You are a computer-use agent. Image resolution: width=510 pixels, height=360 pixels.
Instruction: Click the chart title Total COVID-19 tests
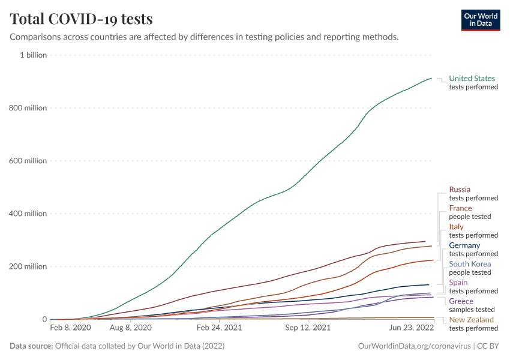81,19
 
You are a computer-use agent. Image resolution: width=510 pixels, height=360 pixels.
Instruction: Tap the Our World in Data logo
480,20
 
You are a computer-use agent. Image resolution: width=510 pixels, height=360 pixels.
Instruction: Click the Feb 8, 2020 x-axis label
70,328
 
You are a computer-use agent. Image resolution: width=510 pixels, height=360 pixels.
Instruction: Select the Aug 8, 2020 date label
131,328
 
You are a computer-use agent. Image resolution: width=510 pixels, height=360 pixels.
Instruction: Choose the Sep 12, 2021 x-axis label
308,328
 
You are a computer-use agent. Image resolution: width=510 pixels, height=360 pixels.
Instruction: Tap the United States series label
472,79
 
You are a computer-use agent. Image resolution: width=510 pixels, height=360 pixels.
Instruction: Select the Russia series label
460,190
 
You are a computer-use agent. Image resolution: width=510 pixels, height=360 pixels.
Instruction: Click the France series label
460,208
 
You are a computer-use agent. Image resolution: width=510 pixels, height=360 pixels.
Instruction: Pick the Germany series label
464,245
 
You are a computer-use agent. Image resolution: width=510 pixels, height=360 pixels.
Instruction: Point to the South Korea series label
470,264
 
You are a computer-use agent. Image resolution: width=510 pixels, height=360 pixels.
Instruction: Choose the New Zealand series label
471,320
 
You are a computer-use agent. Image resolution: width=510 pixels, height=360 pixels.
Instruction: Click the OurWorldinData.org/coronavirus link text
414,346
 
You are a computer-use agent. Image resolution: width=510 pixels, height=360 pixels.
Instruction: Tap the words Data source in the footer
31,346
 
